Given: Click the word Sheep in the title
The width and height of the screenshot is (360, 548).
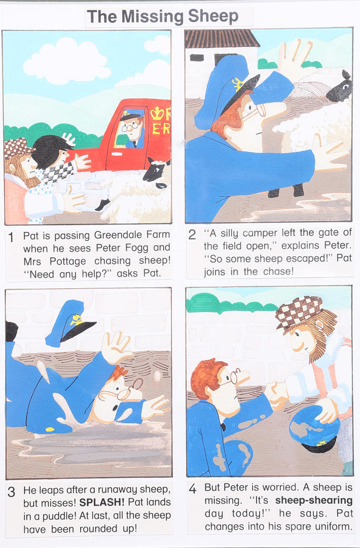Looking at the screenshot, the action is pos(213,16).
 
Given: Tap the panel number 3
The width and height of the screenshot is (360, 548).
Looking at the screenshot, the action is pos(11,492).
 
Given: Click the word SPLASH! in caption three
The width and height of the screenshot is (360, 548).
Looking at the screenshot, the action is pos(102,502).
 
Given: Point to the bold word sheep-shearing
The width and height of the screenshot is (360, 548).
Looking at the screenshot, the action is pos(314,500).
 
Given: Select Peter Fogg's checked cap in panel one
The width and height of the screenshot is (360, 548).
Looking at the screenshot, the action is pos(17,148).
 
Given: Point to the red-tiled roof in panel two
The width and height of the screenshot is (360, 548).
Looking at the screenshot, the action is pos(221,39).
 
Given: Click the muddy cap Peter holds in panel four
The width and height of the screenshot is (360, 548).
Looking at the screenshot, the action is pos(314,429).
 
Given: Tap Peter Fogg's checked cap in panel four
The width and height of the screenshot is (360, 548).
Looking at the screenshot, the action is pos(299,312).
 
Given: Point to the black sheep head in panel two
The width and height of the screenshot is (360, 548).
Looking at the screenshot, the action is pos(340,88).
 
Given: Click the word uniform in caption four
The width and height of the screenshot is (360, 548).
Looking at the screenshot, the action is pos(333,526).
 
